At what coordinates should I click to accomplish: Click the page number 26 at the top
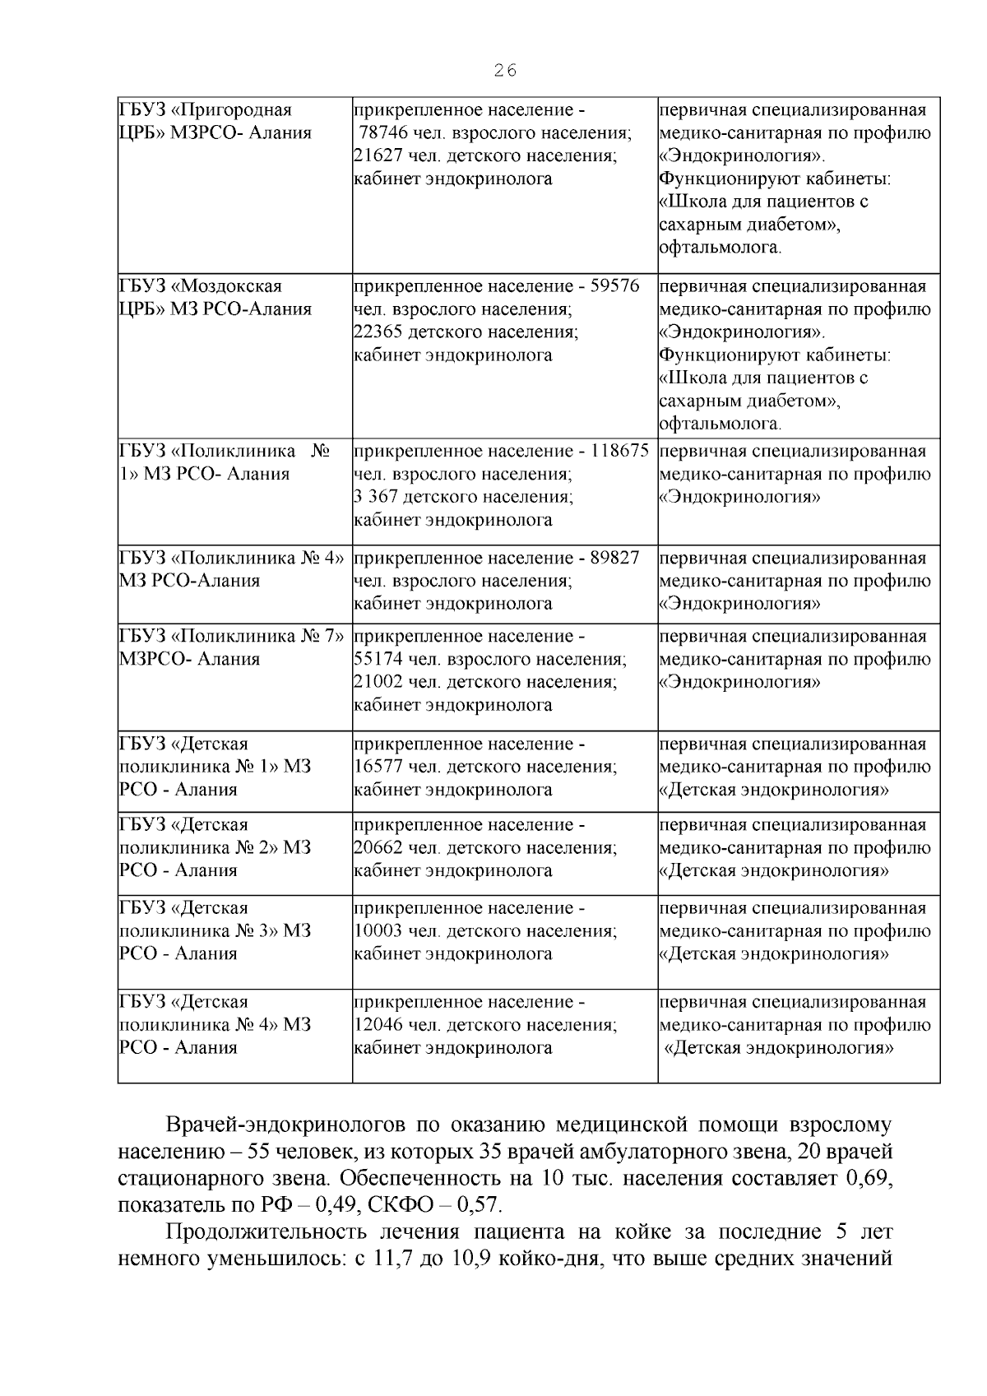(x=505, y=71)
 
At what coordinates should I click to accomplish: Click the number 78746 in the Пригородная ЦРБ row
(x=387, y=133)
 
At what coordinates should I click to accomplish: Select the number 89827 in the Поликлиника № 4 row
(x=614, y=558)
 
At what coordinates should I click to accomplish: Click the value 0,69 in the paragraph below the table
(x=869, y=1178)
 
